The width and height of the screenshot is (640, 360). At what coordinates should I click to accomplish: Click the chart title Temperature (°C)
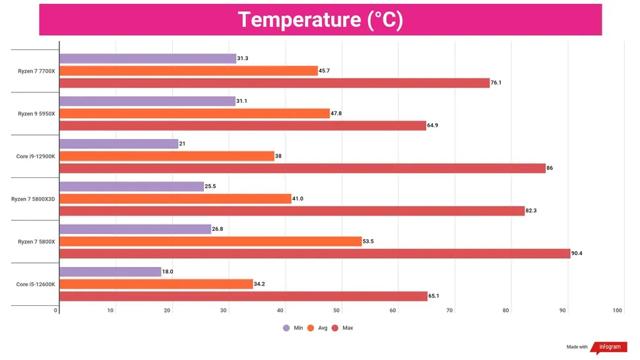pyautogui.click(x=320, y=19)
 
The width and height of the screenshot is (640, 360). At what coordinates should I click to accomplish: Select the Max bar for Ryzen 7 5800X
pyautogui.click(x=315, y=253)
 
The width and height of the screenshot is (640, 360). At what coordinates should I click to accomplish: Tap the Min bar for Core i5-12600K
pyautogui.click(x=110, y=272)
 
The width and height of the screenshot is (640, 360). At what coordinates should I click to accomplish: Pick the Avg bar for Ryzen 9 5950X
pyautogui.click(x=195, y=113)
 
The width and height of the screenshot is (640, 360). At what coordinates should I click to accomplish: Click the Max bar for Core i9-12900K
pyautogui.click(x=302, y=168)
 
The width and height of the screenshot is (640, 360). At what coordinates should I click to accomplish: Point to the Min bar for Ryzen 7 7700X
pyautogui.click(x=148, y=59)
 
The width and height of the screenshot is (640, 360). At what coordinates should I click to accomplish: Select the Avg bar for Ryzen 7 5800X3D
pyautogui.click(x=176, y=198)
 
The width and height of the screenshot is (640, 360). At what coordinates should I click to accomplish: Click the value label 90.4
pyautogui.click(x=579, y=253)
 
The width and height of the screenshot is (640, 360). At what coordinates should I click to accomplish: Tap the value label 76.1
pyautogui.click(x=499, y=83)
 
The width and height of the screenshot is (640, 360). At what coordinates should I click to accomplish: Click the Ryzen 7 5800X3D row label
pyautogui.click(x=34, y=198)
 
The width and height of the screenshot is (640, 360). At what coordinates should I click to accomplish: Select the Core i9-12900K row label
pyautogui.click(x=36, y=156)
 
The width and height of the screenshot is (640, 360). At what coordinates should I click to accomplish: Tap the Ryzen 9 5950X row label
pyautogui.click(x=37, y=113)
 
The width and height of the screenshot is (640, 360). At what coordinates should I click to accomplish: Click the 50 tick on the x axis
pyautogui.click(x=336, y=311)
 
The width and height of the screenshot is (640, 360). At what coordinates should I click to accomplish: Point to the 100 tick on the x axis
pyautogui.click(x=618, y=311)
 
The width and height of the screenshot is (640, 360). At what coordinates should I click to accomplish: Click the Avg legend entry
pyautogui.click(x=317, y=328)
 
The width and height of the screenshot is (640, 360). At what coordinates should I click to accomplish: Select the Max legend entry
pyautogui.click(x=342, y=328)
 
